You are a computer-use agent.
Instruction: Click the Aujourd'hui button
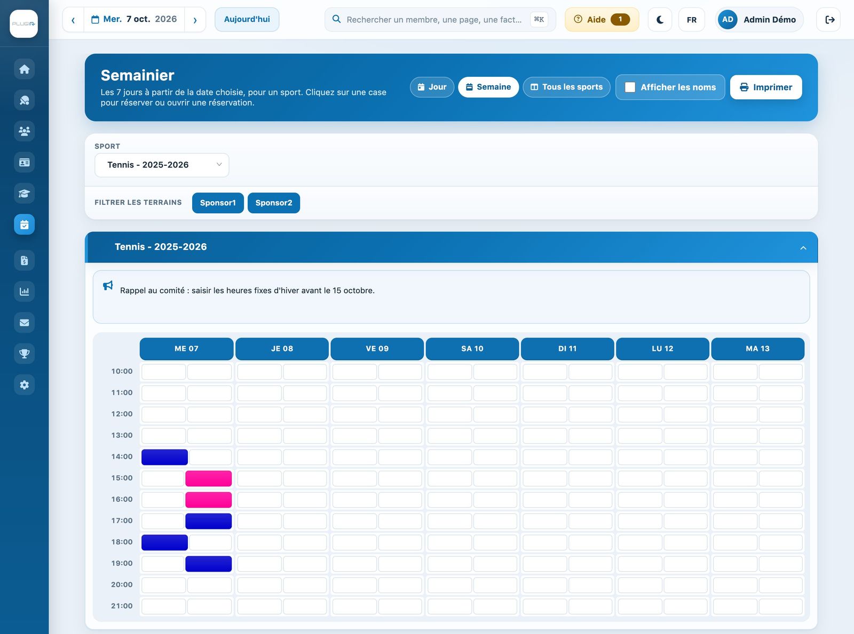247,19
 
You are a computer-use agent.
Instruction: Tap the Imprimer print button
766,87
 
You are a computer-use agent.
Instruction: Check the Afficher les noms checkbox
630,87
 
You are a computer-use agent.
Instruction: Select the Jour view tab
432,87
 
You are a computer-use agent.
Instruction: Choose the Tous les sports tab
566,87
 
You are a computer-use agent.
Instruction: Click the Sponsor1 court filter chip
218,203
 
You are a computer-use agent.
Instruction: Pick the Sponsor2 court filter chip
274,203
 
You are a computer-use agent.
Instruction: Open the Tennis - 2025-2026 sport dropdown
162,165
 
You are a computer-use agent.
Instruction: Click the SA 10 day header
472,349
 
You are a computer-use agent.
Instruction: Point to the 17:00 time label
122,520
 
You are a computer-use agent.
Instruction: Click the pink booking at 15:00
209,478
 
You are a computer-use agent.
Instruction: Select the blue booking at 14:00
165,457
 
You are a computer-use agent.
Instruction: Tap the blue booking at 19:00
209,564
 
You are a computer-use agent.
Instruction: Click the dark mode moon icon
660,19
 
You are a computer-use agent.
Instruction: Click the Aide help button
602,19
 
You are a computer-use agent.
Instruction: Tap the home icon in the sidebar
24,69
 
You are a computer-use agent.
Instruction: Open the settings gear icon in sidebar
24,384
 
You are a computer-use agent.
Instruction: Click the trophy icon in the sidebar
24,354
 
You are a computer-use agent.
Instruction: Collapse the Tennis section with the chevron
803,248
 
